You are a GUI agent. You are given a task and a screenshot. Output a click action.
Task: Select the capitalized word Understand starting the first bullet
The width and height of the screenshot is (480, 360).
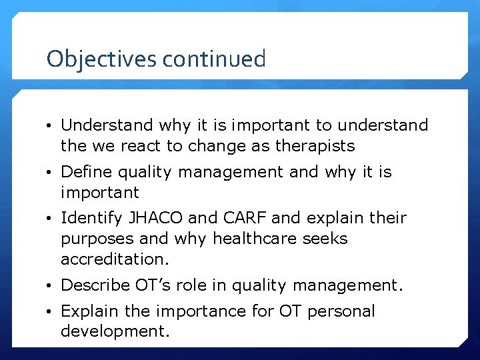click(107, 125)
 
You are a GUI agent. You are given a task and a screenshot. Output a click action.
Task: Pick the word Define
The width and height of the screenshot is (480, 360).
click(86, 172)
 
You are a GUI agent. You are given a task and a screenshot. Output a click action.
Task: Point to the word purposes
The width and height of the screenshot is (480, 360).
click(93, 239)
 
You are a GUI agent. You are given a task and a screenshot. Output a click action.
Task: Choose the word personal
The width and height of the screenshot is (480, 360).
click(344, 311)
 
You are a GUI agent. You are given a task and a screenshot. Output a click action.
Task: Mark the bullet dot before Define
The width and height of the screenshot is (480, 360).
click(51, 173)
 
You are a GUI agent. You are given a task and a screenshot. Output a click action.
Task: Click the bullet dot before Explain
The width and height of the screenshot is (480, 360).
click(51, 312)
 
